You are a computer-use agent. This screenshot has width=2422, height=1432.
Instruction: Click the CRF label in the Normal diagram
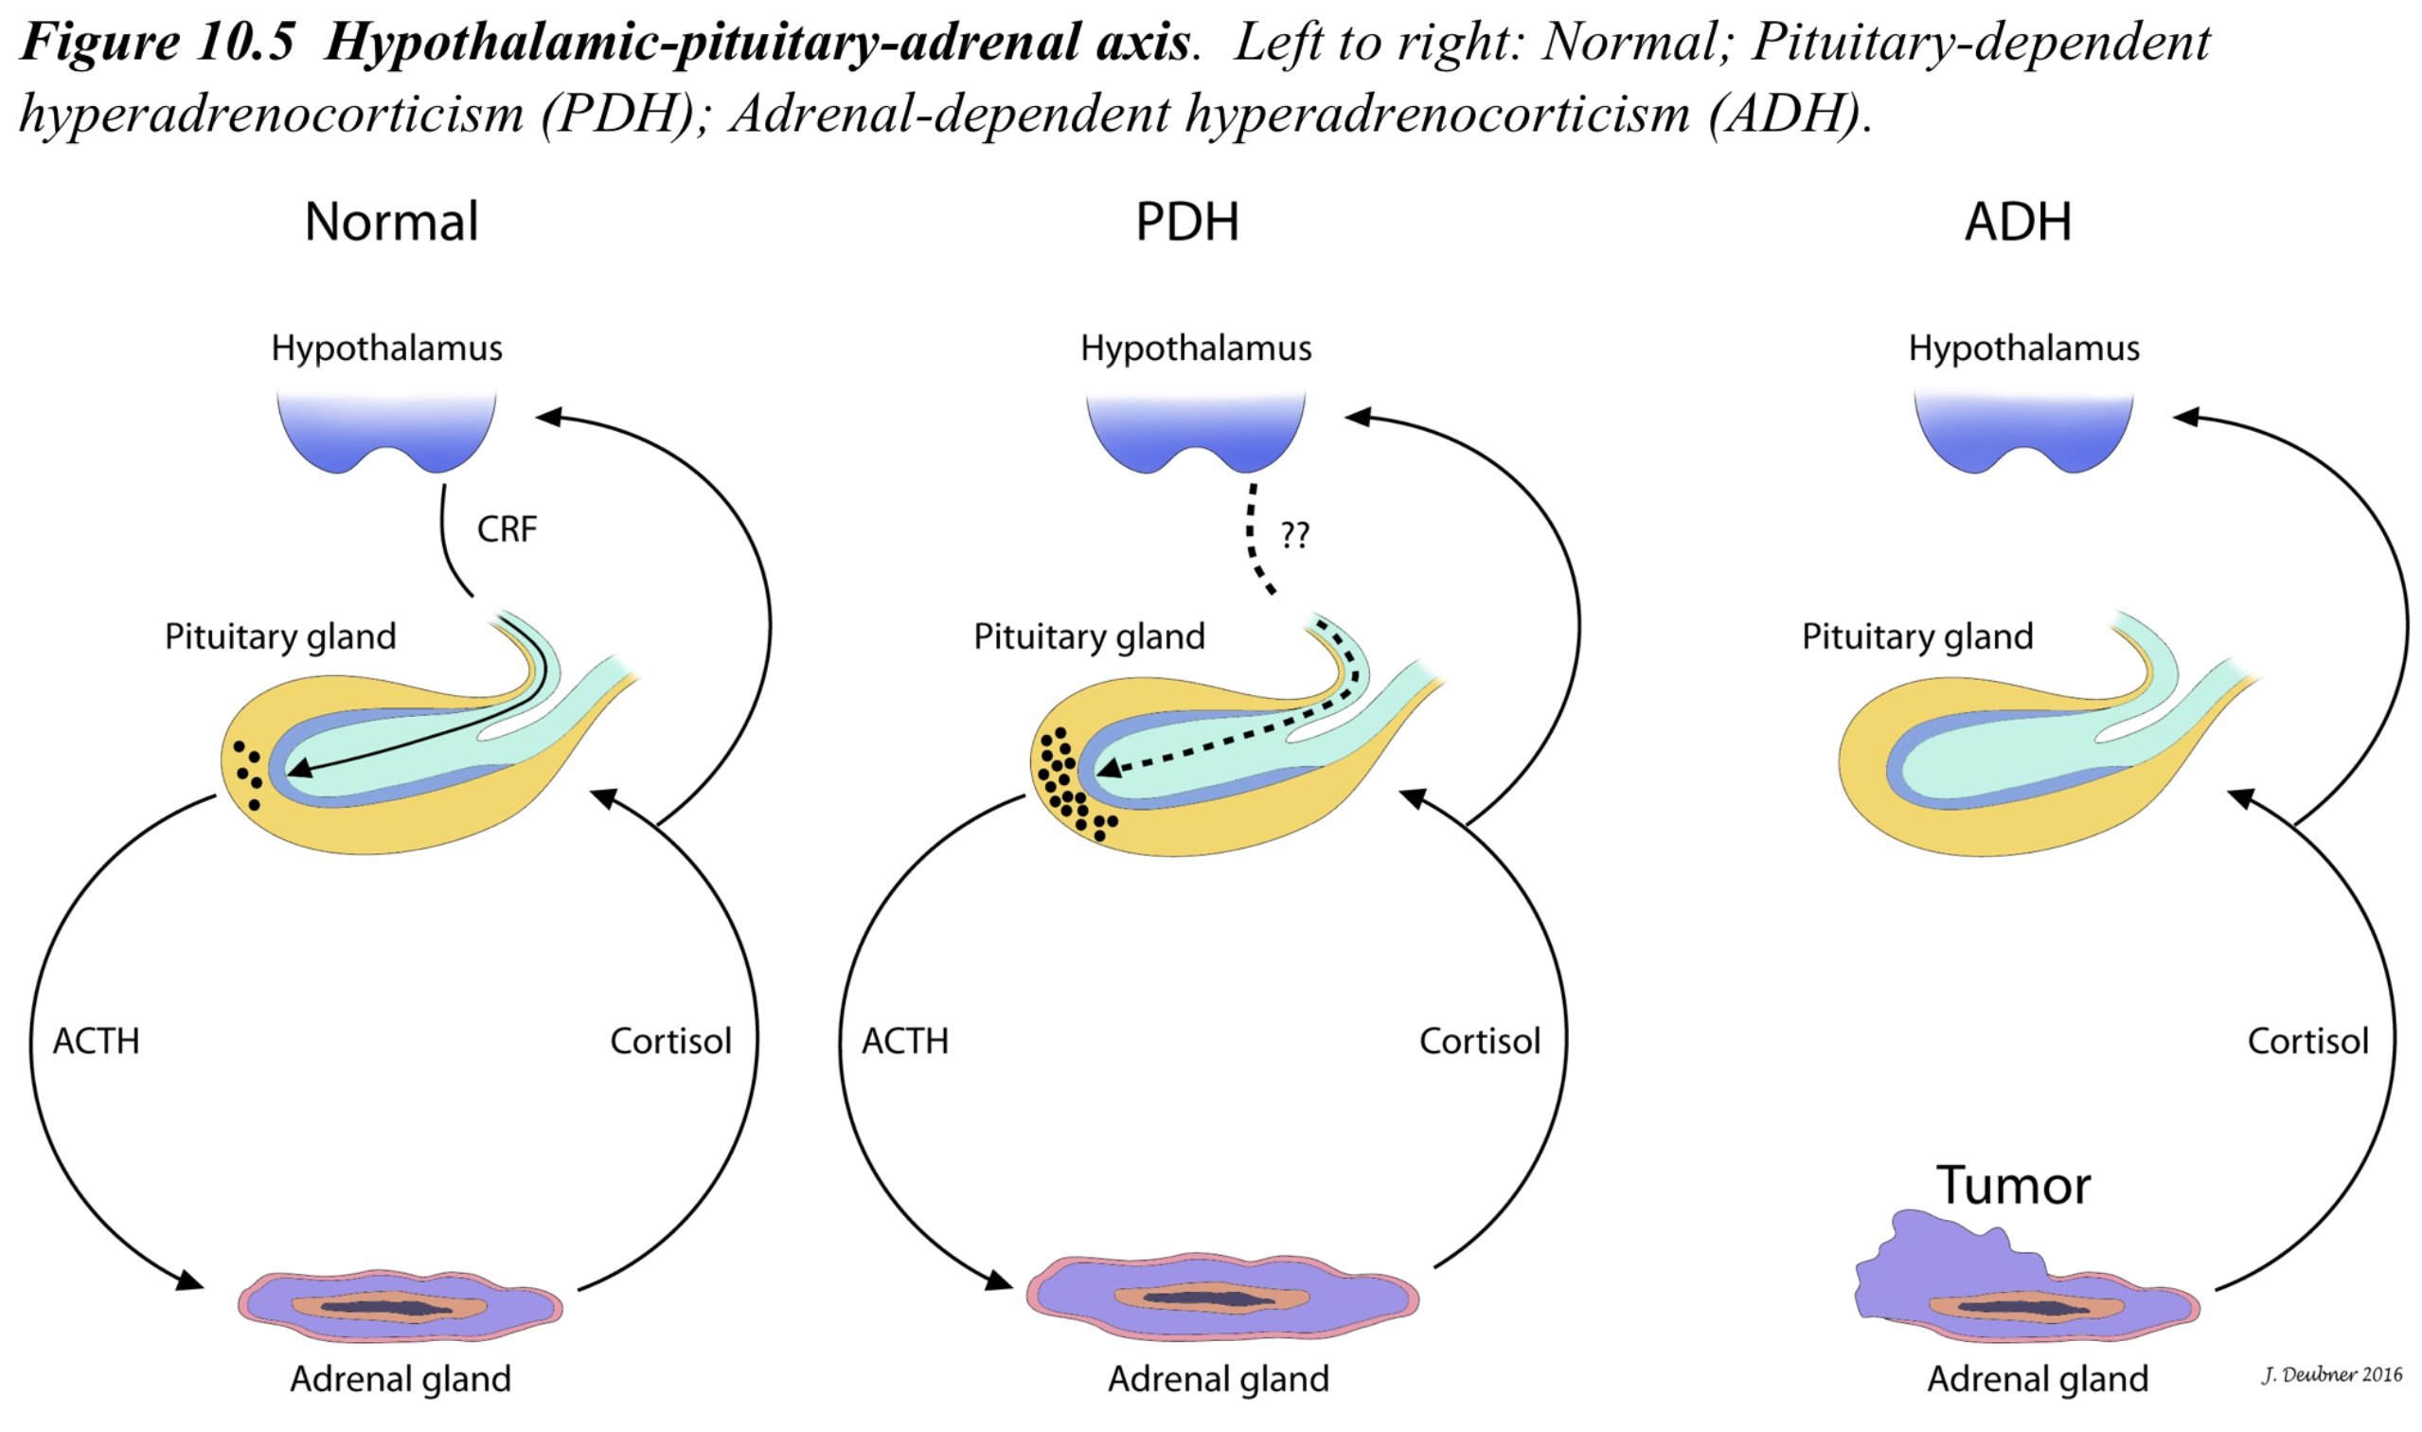(507, 529)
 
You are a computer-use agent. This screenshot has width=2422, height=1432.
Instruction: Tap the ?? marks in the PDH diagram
(1294, 534)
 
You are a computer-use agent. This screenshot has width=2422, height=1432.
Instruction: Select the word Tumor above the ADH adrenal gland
(2013, 1185)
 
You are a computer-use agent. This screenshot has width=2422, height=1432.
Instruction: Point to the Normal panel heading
(392, 222)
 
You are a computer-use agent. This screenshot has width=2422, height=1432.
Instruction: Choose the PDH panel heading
(1186, 222)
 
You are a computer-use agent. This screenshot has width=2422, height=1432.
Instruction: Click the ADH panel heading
(2018, 222)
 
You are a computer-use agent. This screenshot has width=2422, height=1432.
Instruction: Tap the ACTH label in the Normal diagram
(97, 1041)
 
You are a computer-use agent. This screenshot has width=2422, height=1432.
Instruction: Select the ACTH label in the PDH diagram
(905, 1041)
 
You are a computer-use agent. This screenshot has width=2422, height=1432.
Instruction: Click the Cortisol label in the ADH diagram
(2307, 1041)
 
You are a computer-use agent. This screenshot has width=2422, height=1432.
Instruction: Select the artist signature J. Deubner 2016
(2331, 1374)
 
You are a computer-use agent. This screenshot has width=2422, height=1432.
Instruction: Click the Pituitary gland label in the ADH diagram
(1917, 636)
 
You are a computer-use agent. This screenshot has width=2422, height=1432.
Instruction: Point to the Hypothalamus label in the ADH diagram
(2023, 349)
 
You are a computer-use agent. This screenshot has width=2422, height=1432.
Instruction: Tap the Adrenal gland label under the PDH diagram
(1219, 1380)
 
